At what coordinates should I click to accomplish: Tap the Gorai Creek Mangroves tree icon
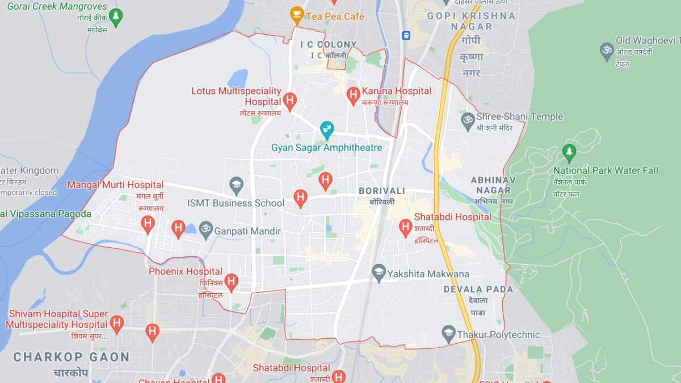click(116, 16)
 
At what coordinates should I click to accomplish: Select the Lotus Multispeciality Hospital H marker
click(289, 101)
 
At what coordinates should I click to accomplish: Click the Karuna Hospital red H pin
click(354, 95)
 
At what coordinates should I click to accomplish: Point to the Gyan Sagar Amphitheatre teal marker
click(326, 130)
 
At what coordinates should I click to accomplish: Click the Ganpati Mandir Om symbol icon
click(205, 230)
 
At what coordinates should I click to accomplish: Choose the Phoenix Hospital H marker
click(231, 281)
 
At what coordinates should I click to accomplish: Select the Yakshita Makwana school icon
click(379, 272)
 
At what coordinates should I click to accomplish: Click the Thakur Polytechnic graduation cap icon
click(449, 334)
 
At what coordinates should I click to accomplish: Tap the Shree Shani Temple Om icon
click(468, 120)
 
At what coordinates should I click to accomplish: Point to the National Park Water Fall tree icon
click(569, 152)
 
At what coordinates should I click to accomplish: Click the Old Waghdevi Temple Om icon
click(607, 51)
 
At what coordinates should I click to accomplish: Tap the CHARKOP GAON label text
click(71, 357)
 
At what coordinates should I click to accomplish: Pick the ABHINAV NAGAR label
click(492, 185)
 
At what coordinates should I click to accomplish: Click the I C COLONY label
click(328, 44)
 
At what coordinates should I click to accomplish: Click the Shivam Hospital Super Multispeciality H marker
click(117, 323)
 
